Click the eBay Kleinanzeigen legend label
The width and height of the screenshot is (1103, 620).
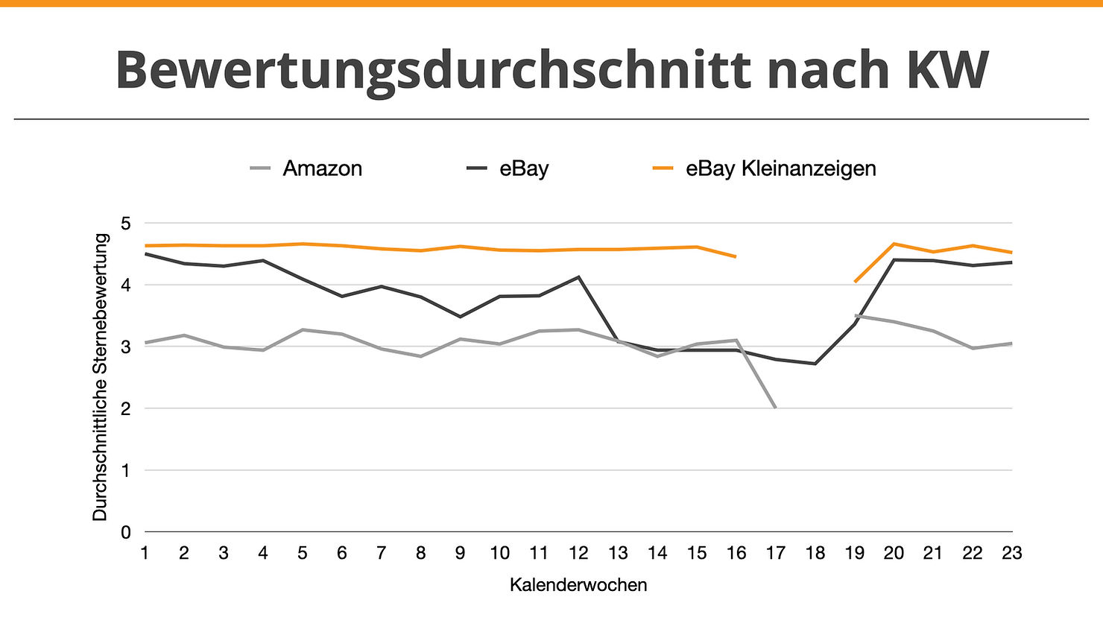pos(780,168)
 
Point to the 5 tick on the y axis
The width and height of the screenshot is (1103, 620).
pos(125,224)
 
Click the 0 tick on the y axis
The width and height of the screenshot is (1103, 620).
pos(125,532)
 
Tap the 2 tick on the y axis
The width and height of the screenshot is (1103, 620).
pos(125,408)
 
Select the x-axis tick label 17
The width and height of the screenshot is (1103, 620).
pos(775,553)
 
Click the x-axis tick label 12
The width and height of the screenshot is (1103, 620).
pos(578,553)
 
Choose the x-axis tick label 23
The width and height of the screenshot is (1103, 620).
pos(1011,553)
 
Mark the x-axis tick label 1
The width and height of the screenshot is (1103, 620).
pos(145,553)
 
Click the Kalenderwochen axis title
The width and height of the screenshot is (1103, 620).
pos(578,585)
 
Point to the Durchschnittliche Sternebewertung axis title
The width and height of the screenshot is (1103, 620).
pos(101,377)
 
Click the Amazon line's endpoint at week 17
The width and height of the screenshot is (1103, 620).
pos(775,408)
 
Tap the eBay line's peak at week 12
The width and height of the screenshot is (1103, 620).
pos(578,277)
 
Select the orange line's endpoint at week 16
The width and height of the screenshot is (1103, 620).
pos(736,257)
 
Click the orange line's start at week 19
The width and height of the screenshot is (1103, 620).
pos(855,282)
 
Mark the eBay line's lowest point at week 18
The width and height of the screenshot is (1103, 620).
pos(815,364)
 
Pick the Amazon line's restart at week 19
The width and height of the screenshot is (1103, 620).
pos(855,316)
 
